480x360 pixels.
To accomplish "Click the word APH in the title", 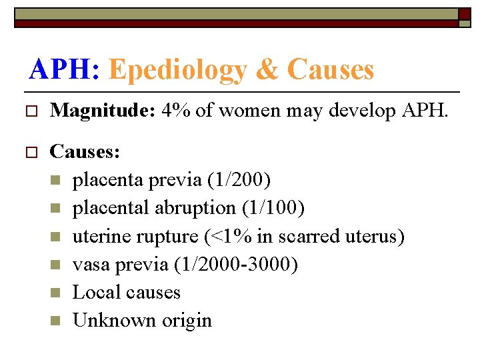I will (x=63, y=69).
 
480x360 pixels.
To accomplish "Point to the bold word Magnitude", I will (x=102, y=111).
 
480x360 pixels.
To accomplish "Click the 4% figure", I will (x=175, y=111).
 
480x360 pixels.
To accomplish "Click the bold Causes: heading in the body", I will (x=85, y=152).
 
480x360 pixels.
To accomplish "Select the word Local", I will (x=93, y=292).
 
